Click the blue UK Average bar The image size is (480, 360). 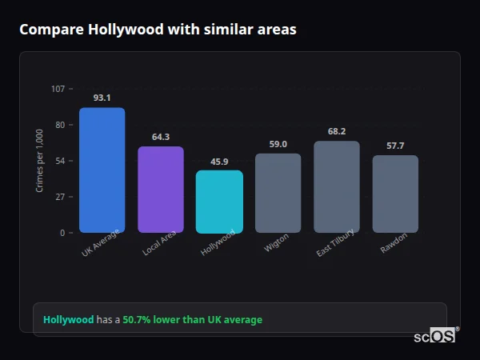[x=102, y=170]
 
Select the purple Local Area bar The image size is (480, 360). [x=161, y=190]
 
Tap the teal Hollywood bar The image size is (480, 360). [x=219, y=202]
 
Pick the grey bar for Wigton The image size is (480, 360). [x=278, y=193]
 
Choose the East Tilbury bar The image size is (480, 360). [x=337, y=187]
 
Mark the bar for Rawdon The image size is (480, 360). [x=395, y=194]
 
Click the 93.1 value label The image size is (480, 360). [x=102, y=98]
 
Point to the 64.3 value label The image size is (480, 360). [x=161, y=137]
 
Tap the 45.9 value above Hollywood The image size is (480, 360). [x=219, y=162]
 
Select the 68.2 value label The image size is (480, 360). [x=337, y=131]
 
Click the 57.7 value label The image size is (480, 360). [x=395, y=146]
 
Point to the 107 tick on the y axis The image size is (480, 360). [x=58, y=89]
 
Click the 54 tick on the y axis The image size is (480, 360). [x=60, y=161]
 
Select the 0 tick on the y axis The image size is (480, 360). [x=62, y=233]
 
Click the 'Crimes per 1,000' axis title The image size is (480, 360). [x=40, y=161]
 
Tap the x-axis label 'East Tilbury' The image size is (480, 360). [x=335, y=245]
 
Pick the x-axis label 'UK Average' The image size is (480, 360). [x=100, y=245]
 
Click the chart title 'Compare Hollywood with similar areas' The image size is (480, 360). [x=158, y=30]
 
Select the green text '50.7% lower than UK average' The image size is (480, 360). [x=192, y=320]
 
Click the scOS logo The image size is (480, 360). [x=435, y=336]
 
